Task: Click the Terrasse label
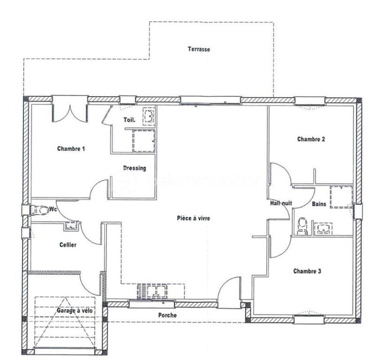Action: point(199,49)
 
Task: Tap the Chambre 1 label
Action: point(71,149)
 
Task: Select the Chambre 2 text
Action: point(311,139)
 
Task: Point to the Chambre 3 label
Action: point(307,271)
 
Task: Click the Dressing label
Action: point(135,168)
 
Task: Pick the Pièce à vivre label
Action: point(193,218)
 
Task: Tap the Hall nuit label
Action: point(281,204)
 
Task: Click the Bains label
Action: point(319,204)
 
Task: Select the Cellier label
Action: point(68,245)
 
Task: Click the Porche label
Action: point(167,315)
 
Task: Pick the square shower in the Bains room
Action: point(340,197)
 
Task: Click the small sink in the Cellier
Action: point(71,226)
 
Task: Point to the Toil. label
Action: point(129,120)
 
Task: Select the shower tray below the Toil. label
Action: point(144,141)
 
